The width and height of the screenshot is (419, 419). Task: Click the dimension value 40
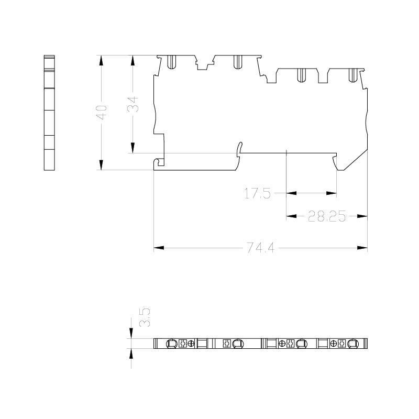[x=101, y=112]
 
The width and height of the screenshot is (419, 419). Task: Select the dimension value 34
[x=133, y=104]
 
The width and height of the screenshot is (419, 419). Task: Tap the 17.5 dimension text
[x=258, y=193]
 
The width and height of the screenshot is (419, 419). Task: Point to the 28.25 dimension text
[x=326, y=216]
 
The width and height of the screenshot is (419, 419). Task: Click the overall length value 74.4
[x=260, y=248]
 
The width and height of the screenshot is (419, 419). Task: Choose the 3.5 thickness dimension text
[x=145, y=317]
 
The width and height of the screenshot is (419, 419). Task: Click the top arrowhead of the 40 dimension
[x=101, y=60]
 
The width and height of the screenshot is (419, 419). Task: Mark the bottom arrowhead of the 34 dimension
[x=133, y=148]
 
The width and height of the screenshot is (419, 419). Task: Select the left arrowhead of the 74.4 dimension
[x=159, y=248]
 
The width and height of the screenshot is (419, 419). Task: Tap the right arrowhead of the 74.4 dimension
[x=362, y=248]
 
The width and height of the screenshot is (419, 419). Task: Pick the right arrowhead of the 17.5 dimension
[x=332, y=193]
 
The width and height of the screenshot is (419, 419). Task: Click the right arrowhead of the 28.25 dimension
[x=362, y=216]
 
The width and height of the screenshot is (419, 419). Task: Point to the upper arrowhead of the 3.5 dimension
[x=131, y=334]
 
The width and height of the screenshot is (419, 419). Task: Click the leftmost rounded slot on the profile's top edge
[x=171, y=62]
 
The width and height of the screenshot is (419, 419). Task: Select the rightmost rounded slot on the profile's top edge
[x=353, y=75]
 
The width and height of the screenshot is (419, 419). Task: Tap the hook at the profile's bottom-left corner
[x=159, y=163]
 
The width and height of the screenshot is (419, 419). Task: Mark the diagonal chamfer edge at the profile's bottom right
[x=356, y=160]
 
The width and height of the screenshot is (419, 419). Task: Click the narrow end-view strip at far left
[x=49, y=113]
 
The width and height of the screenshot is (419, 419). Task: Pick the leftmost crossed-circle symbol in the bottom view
[x=191, y=344]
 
